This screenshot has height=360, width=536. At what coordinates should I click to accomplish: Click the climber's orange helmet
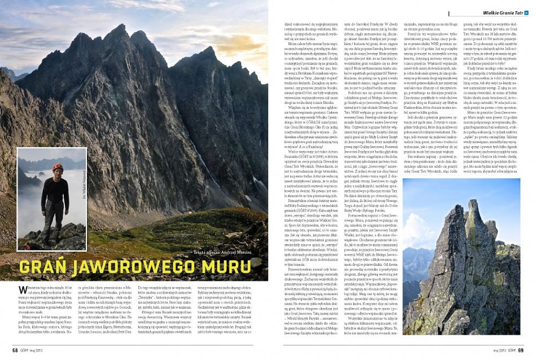pos(57,168)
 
